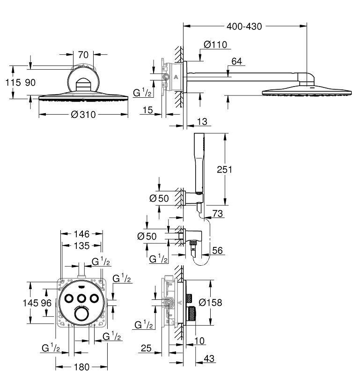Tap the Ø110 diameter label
coord(215,45)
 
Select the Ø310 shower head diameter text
coord(83,115)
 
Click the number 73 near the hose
coord(218,214)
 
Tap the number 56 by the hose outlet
coord(218,251)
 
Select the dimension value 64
coord(236,60)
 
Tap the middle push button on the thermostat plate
coord(81,298)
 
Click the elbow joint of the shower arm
coord(307,78)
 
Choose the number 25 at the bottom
coord(146,348)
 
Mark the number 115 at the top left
coord(13,83)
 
